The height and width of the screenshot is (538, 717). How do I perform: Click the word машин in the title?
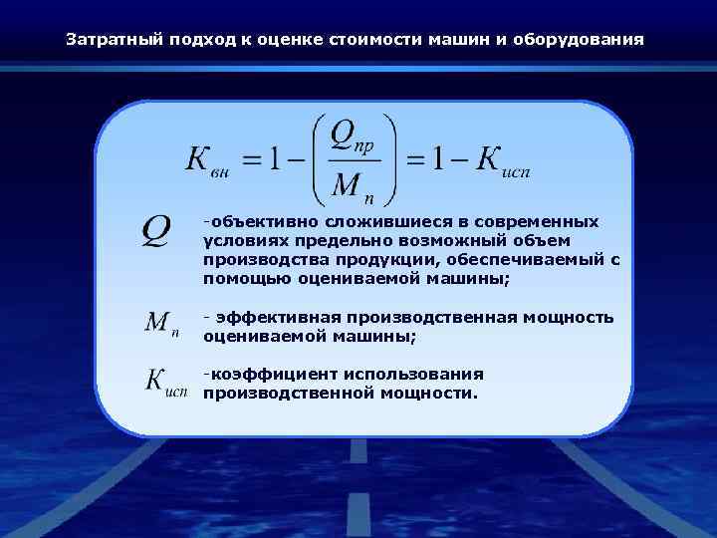click(460, 41)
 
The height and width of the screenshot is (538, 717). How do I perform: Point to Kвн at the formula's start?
click(208, 163)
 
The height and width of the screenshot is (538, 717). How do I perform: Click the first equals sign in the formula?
click(252, 160)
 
